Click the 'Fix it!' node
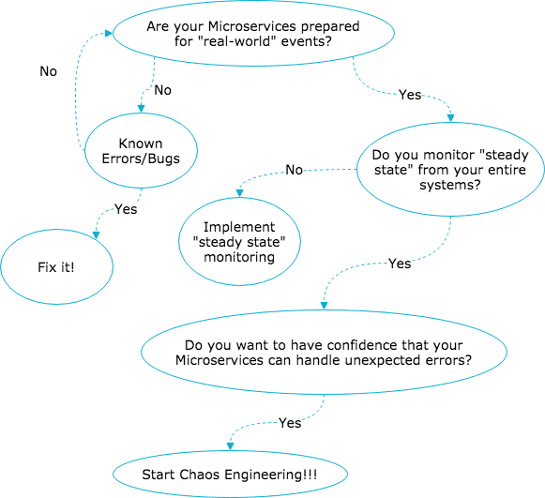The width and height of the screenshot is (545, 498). [x=56, y=267]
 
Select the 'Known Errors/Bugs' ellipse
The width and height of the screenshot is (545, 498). [x=141, y=150]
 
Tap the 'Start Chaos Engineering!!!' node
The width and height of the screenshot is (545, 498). [x=230, y=475]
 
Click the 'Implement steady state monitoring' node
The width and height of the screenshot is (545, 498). [x=239, y=242]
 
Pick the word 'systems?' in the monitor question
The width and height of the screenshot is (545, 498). [x=450, y=185]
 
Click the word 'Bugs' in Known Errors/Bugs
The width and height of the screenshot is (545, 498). [x=164, y=158]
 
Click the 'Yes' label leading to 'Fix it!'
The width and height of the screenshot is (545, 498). [x=126, y=209]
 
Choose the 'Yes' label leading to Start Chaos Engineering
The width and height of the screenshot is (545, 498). [x=290, y=423]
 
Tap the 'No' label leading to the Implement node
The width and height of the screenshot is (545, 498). [x=294, y=170]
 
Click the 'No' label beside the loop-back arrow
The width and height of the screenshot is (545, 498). [x=49, y=71]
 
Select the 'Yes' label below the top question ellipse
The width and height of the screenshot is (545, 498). [x=410, y=95]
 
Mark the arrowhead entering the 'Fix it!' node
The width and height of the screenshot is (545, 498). [x=96, y=235]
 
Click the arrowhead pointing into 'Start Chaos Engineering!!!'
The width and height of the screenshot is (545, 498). [x=230, y=446]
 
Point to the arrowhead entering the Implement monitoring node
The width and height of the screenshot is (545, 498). [x=239, y=193]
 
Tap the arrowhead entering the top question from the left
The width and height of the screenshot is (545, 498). [x=109, y=33]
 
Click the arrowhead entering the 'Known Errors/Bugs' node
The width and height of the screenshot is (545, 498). [x=141, y=109]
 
